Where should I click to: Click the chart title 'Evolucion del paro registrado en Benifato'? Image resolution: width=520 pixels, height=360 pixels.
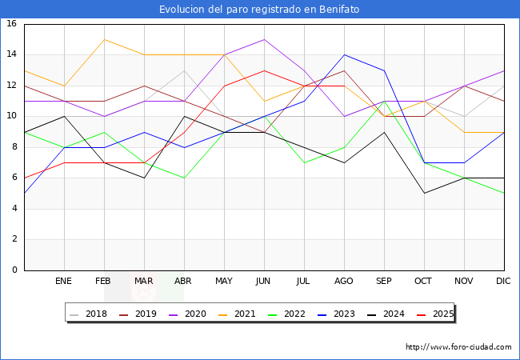coord(259,9)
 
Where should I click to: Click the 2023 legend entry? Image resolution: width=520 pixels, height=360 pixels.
coord(334,314)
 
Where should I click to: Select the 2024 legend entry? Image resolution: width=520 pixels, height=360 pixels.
coord(382,314)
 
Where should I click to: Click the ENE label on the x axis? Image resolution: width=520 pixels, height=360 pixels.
coord(64,282)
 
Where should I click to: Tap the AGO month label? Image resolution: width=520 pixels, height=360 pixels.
coord(344,282)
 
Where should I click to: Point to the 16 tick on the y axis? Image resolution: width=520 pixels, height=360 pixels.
coord(12,24)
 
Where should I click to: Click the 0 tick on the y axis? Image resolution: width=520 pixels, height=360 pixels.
coord(14,270)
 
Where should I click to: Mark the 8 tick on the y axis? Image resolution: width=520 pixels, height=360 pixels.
coord(14,147)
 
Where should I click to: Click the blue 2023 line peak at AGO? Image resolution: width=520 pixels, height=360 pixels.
coord(344,54)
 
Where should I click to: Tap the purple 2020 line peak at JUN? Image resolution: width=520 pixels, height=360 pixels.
coord(264,39)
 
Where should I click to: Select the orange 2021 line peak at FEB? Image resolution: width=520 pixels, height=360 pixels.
coord(104,39)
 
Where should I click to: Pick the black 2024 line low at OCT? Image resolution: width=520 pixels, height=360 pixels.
coord(424,193)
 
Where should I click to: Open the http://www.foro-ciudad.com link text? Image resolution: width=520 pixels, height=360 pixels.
coord(458,347)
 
